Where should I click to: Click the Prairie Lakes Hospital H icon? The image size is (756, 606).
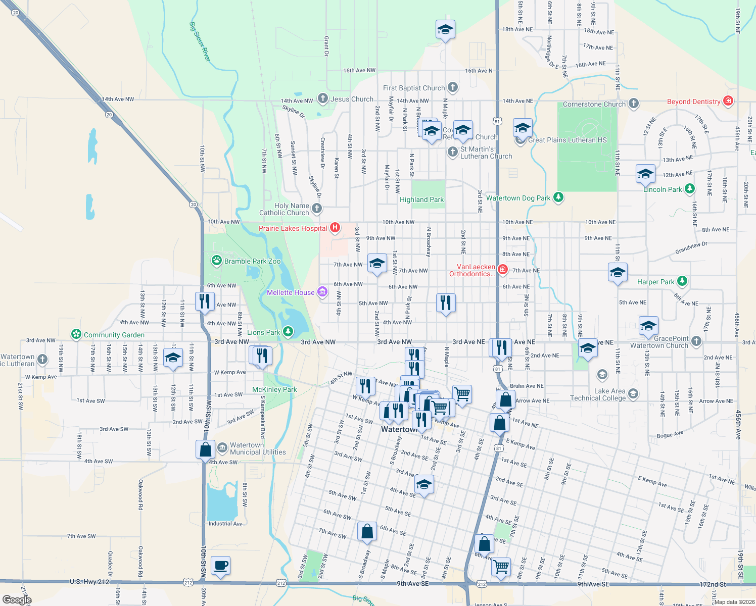coord(335,228)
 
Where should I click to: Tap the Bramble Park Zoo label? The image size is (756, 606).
coord(252,261)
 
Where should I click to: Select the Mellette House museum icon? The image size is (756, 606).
coord(322,292)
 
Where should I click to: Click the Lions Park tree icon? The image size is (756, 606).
coord(288,332)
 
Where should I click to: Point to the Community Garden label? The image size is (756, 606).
coord(114,335)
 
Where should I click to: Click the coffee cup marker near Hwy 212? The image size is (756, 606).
coord(220,566)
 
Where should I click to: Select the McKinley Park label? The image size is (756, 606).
coord(274,389)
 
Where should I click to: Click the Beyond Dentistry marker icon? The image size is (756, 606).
coord(728,101)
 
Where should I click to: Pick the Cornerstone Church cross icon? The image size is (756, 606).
coord(633,104)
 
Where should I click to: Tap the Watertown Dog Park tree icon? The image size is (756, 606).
coord(558,197)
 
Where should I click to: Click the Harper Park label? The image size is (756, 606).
coord(655,282)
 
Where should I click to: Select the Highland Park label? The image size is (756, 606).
coord(421,199)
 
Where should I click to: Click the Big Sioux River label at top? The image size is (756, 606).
coord(200,41)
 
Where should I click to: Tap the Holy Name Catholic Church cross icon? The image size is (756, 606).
coord(316,208)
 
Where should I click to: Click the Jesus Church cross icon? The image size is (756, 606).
coord(322,99)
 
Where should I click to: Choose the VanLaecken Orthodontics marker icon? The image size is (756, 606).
coord(502,270)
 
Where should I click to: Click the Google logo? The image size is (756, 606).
coord(17,600)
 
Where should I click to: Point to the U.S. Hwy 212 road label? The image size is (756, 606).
coord(89,582)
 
